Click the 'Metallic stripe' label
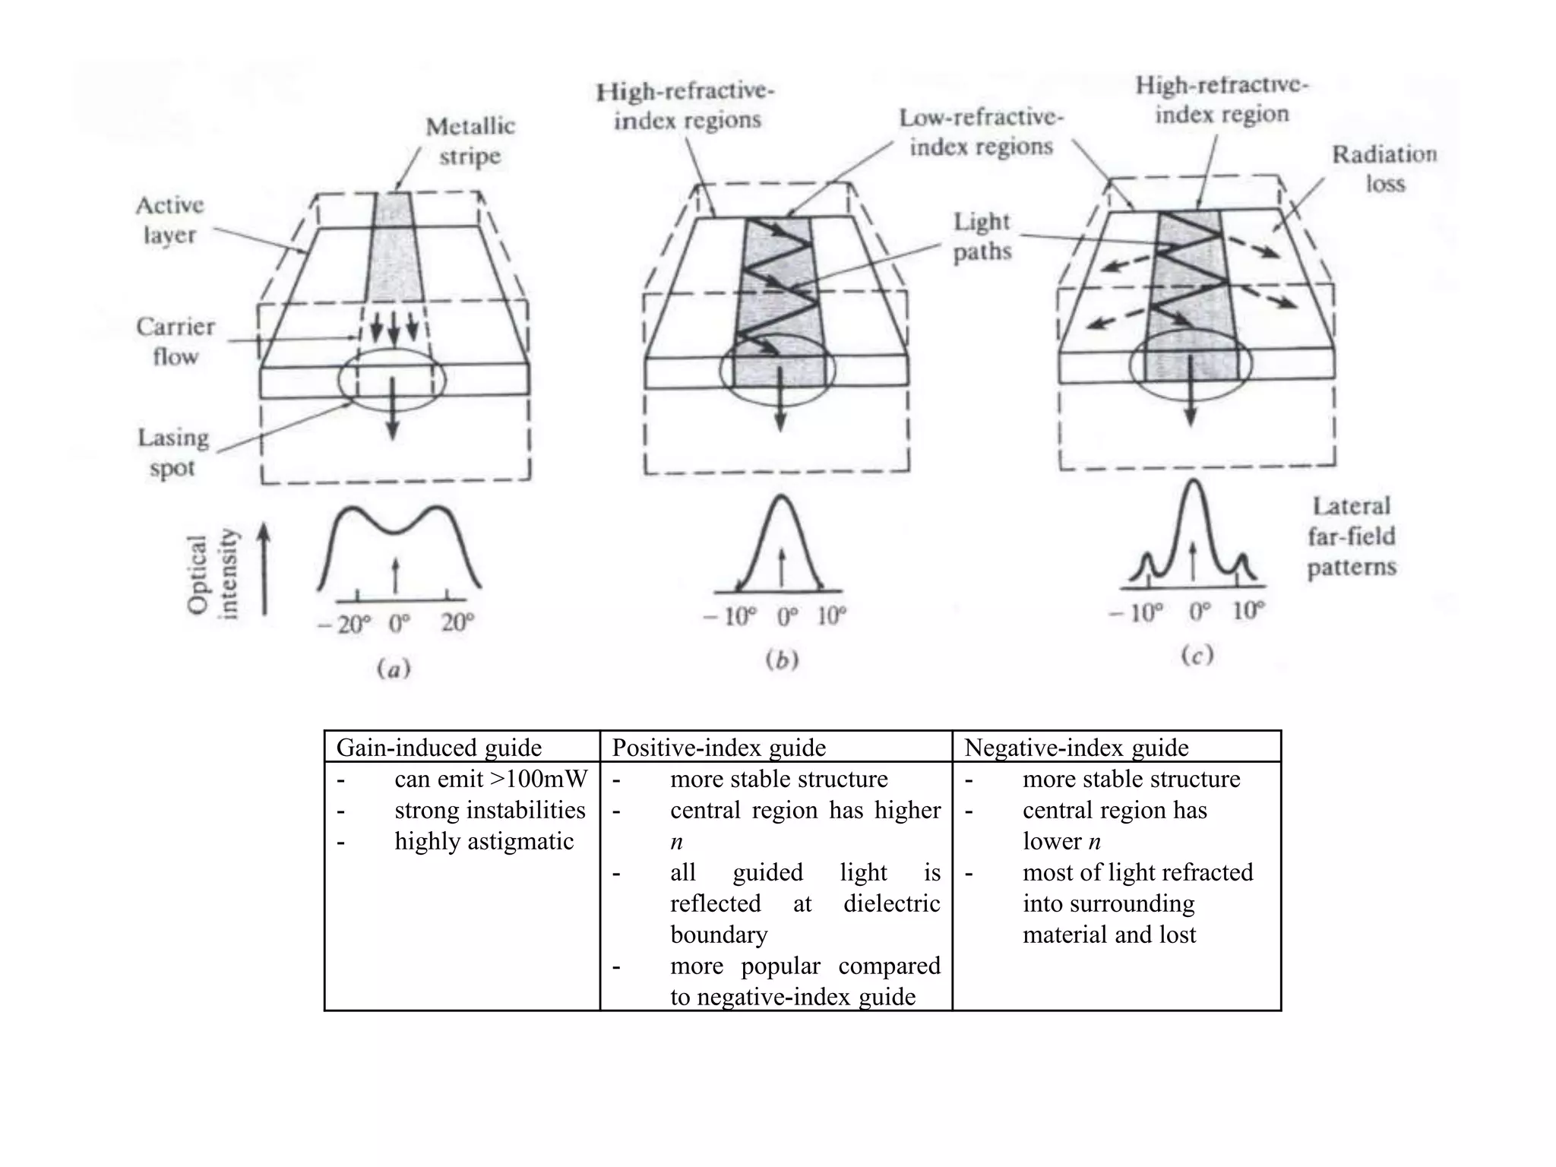point(470,141)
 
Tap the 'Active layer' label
point(169,220)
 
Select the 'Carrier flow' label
point(176,341)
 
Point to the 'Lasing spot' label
point(173,452)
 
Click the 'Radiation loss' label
point(1384,169)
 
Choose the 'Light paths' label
point(982,236)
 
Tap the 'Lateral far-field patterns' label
point(1352,536)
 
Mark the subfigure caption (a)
point(394,669)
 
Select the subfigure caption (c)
point(1197,655)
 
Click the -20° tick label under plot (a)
point(344,625)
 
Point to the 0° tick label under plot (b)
point(788,616)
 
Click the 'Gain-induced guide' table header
point(438,748)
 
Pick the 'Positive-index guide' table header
point(719,748)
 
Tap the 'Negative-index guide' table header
point(1076,748)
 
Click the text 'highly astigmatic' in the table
point(484,841)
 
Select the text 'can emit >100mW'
point(491,779)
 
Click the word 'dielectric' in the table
point(891,903)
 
